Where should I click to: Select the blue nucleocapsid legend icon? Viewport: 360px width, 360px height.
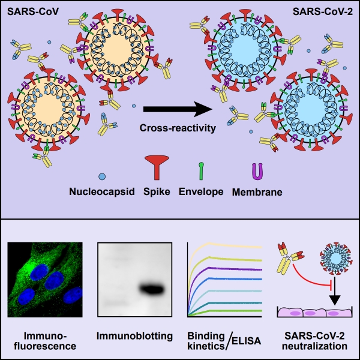(102, 176)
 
